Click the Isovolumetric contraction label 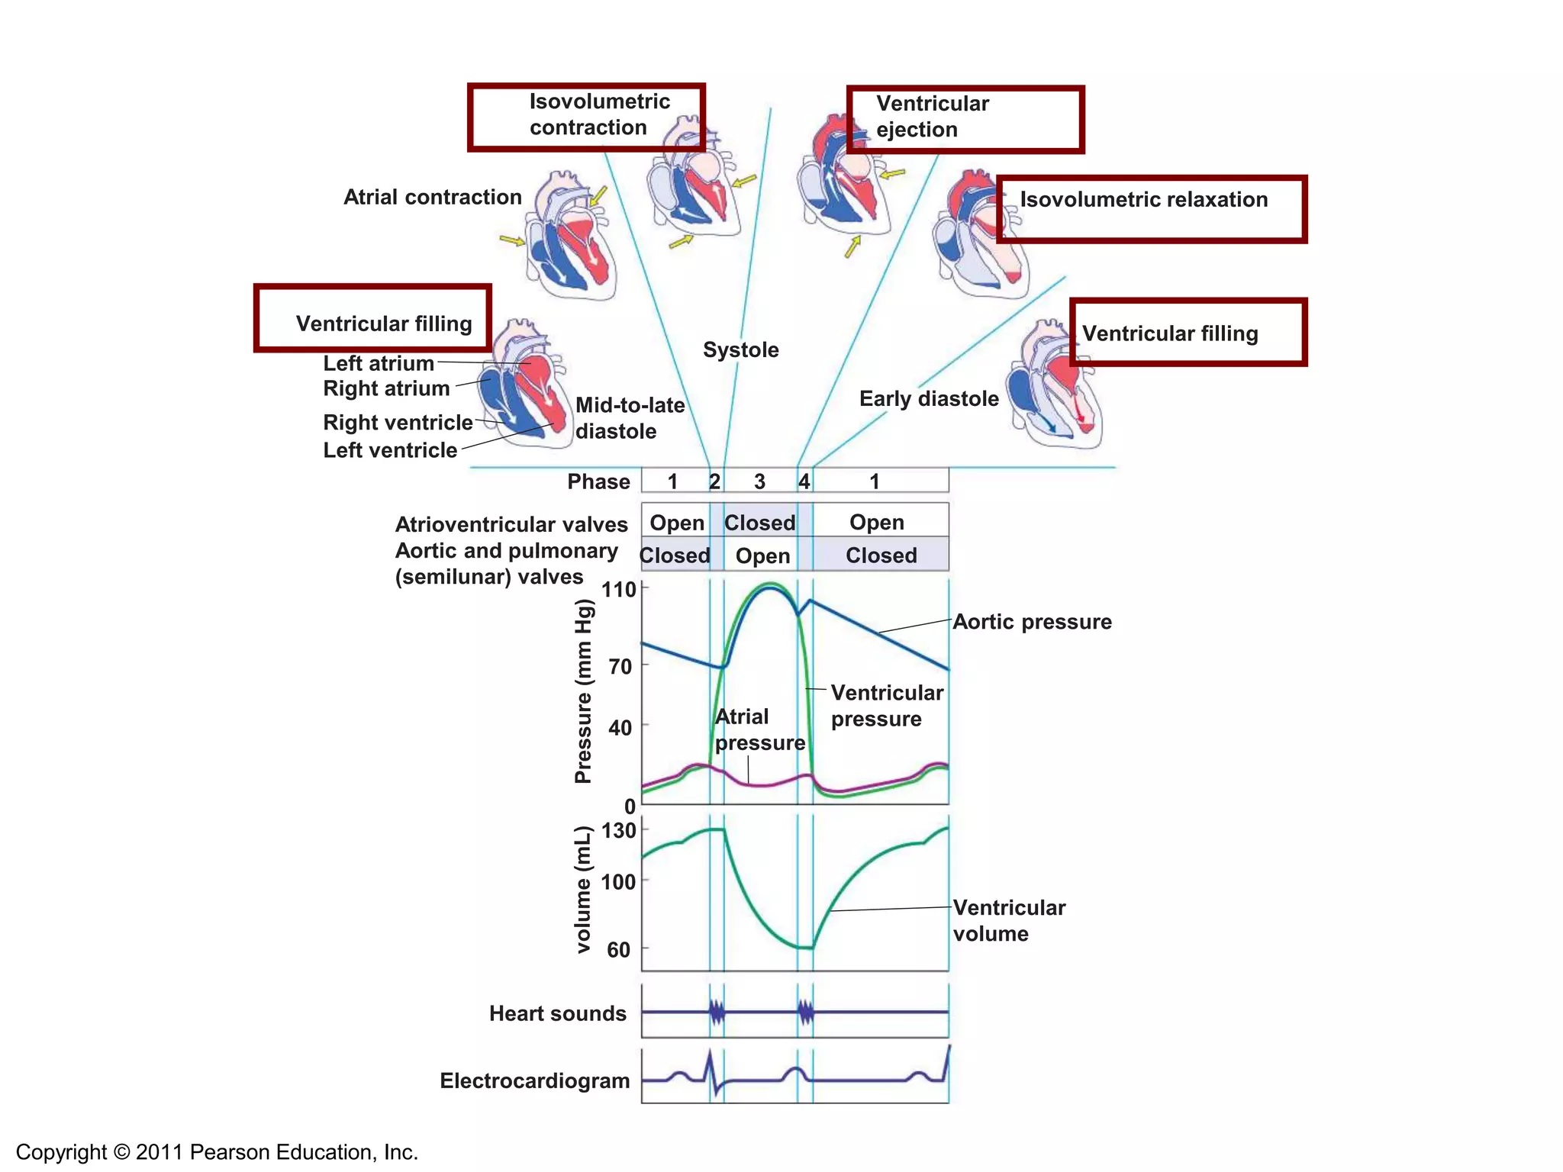click(599, 114)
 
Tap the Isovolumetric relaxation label click(1143, 200)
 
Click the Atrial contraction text click(432, 198)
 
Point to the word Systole click(740, 350)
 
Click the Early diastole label click(928, 399)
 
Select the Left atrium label click(379, 363)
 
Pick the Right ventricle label click(398, 423)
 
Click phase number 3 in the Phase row click(759, 481)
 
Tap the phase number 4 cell click(804, 481)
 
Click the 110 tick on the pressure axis click(618, 590)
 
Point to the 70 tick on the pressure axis click(620, 667)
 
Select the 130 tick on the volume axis click(618, 831)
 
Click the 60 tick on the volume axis click(619, 950)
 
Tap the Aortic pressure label click(1032, 623)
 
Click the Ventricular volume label click(1008, 921)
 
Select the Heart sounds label click(557, 1014)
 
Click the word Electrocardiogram click(534, 1081)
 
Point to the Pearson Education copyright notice click(217, 1152)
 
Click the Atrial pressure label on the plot click(759, 730)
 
